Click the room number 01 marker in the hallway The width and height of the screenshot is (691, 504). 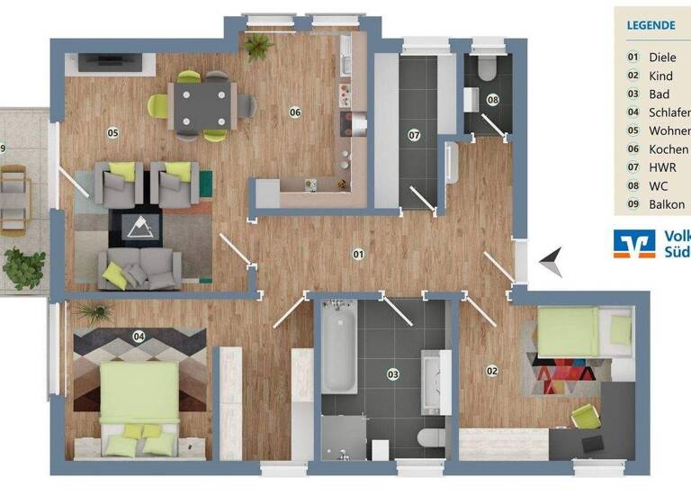pos(358,254)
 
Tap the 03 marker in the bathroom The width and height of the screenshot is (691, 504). pos(392,373)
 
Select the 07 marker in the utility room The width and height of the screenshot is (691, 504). pos(414,135)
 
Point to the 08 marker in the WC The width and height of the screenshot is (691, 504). pos(492,99)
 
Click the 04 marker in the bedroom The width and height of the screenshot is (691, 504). pos(139,337)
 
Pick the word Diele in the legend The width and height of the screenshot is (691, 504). pos(662,57)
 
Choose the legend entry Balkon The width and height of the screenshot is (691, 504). pos(667,204)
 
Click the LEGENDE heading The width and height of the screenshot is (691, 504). pos(651,25)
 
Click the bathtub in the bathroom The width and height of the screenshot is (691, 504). pos(339,348)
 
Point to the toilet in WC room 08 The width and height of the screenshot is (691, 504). pos(486,66)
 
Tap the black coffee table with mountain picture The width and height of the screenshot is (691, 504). pos(139,229)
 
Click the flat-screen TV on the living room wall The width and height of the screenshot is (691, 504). pos(110,62)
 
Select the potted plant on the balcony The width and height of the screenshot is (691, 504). pos(23,266)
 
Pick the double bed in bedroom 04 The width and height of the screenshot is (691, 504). pos(139,402)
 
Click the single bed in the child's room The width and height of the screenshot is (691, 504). pos(577,331)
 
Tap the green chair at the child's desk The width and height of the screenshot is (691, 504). pos(586,416)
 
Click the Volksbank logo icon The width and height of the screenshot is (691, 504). pos(634,243)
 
